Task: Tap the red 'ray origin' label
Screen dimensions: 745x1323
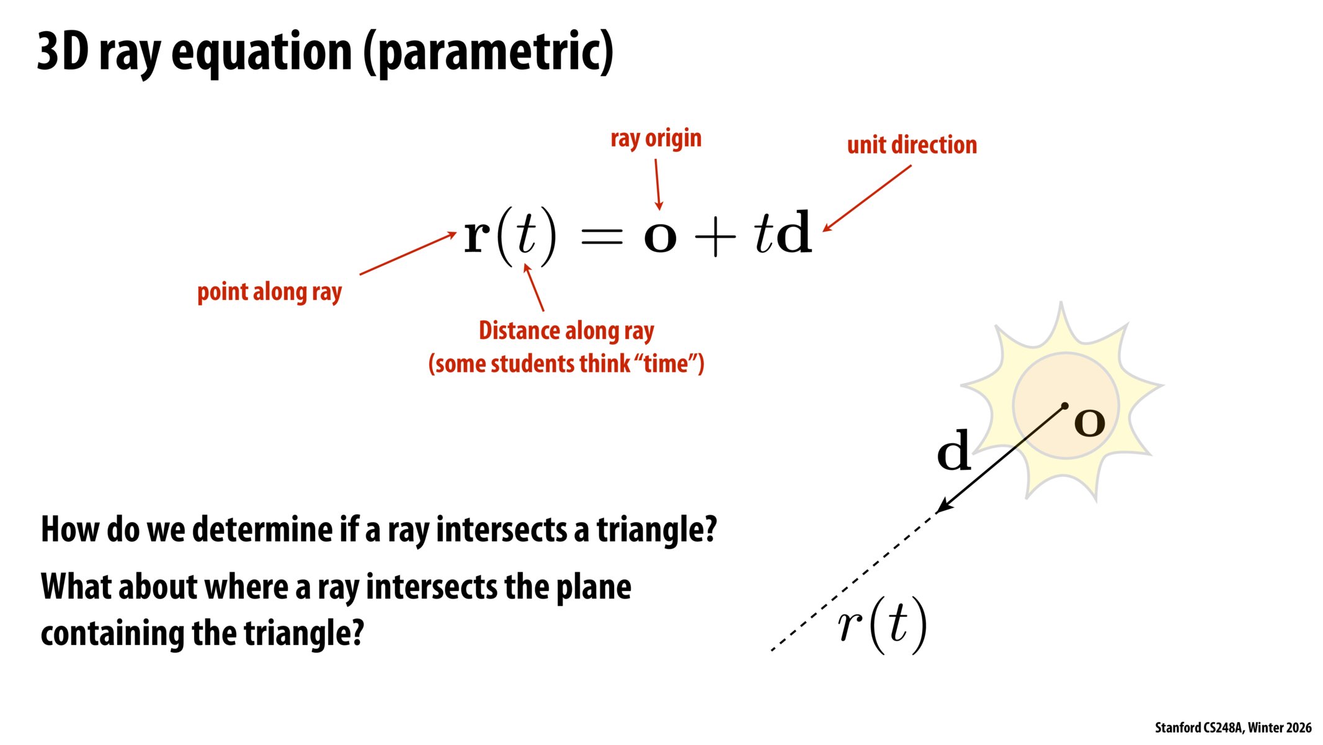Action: (x=656, y=138)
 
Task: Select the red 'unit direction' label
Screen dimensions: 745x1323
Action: (x=912, y=145)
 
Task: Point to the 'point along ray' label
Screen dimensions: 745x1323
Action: (x=269, y=292)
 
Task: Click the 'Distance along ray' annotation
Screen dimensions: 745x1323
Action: (x=566, y=331)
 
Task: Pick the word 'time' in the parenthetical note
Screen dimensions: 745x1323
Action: (x=666, y=364)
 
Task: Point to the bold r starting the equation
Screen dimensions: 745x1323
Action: (x=477, y=236)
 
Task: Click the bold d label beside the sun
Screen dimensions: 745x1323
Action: (x=953, y=451)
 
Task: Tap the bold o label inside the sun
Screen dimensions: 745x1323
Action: (x=1089, y=423)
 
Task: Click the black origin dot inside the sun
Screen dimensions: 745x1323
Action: (x=1065, y=406)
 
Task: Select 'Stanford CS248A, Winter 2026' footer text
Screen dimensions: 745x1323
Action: (x=1232, y=728)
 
